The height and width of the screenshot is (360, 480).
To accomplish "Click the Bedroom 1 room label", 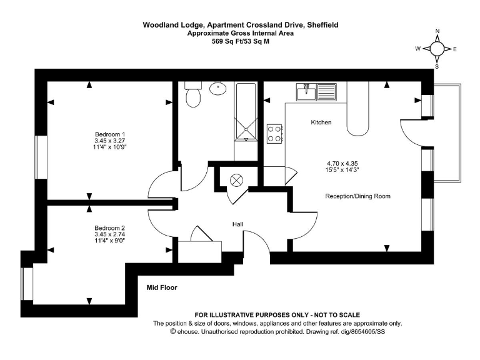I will coord(110,134).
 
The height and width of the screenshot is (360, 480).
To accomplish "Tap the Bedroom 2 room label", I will coord(110,227).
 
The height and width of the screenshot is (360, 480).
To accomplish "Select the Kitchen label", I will coord(321,122).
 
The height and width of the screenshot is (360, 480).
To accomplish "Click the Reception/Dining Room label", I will coord(357,196).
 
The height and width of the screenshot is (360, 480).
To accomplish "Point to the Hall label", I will coord(238,224).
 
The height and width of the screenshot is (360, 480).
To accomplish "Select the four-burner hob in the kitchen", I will coord(274,132).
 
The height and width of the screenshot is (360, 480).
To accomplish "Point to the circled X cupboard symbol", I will coord(237,180).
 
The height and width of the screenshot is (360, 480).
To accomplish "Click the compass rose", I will coord(437,49).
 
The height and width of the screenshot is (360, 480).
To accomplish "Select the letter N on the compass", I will coord(437,31).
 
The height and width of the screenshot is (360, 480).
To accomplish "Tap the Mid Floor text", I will coord(162,288).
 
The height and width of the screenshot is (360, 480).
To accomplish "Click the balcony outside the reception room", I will coord(447,132).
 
